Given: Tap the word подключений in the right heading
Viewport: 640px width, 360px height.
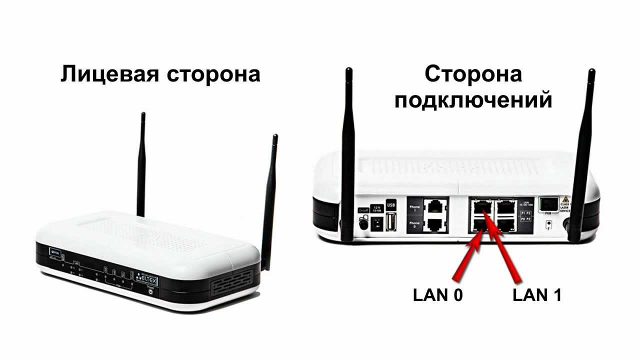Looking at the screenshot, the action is coord(473,99).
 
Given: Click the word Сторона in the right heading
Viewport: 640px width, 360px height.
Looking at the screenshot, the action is coord(473,74).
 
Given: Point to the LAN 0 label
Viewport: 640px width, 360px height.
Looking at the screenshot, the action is coord(437,295).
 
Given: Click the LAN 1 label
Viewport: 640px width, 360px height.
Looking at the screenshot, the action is coord(537,295).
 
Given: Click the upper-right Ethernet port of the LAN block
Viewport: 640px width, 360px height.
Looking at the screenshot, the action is coord(505,206).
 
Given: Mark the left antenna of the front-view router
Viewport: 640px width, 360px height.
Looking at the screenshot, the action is coord(141,165).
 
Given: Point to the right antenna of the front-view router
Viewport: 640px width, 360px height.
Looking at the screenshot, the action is coord(270,200).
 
